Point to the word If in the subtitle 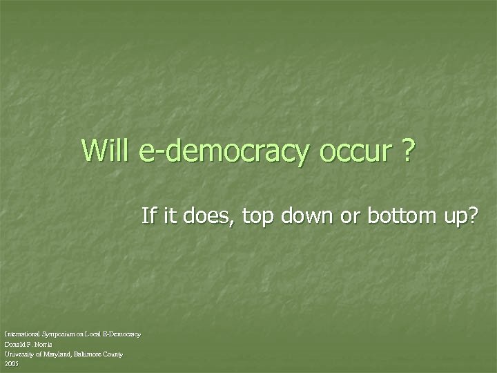148,216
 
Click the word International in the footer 20,334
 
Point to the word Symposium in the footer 56,335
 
